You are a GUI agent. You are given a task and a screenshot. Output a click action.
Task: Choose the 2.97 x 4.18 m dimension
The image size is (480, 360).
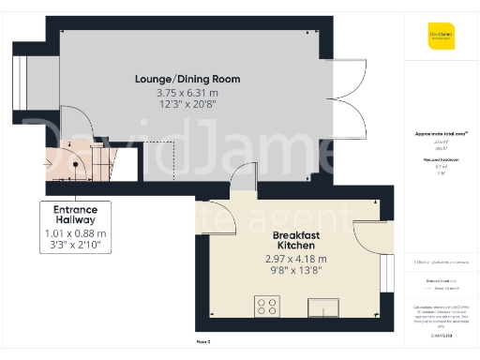coord(296,259)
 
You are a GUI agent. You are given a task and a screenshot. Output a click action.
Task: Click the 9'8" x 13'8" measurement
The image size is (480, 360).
coord(296,271)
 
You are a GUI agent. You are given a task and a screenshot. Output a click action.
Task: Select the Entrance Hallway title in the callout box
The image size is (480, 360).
coord(76,215)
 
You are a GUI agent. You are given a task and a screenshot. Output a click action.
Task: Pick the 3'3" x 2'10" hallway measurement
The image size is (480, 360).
coord(76,245)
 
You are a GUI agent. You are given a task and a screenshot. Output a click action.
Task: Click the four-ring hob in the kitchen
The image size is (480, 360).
coord(267,307)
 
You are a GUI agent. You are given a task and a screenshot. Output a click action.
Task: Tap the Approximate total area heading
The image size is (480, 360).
coord(441,133)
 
